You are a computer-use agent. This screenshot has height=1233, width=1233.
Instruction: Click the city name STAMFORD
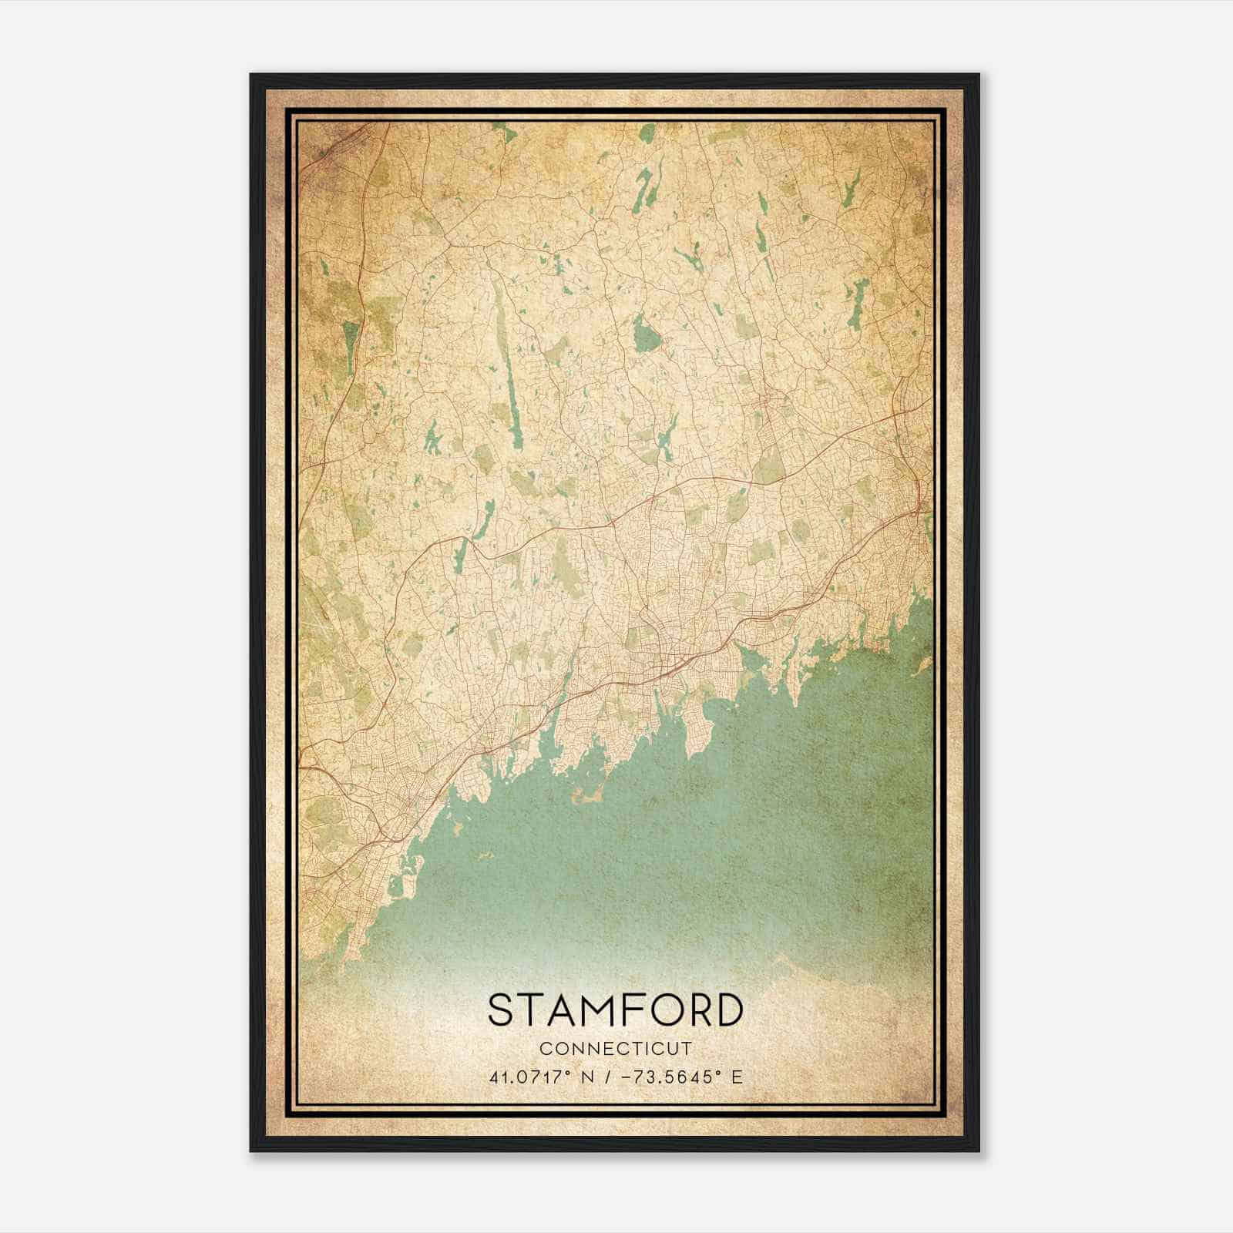pyautogui.click(x=616, y=1010)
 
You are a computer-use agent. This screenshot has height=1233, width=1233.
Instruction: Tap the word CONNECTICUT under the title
pyautogui.click(x=616, y=1048)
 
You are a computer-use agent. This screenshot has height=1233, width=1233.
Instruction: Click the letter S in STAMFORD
pyautogui.click(x=502, y=1010)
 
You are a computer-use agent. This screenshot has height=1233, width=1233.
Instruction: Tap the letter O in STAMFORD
pyautogui.click(x=659, y=1010)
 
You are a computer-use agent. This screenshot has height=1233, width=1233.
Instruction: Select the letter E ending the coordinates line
pyautogui.click(x=737, y=1077)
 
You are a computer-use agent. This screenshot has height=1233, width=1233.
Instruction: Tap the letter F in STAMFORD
pyautogui.click(x=630, y=1010)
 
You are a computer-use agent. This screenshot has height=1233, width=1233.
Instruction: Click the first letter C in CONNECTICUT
pyautogui.click(x=545, y=1048)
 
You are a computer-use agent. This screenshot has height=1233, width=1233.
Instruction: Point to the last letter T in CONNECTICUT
pyautogui.click(x=688, y=1048)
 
